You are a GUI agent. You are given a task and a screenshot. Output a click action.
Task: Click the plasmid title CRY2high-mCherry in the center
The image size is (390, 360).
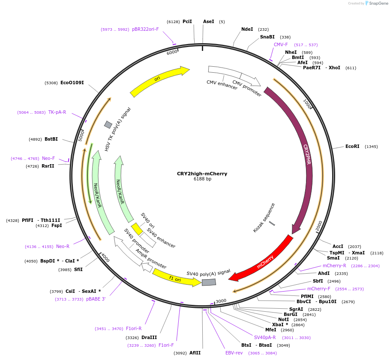202,174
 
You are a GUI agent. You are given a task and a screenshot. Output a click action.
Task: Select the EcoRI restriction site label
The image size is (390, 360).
352,146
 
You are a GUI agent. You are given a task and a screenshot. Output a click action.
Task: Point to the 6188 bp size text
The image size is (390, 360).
202,179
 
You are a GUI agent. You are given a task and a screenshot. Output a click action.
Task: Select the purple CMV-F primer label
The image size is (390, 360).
281,44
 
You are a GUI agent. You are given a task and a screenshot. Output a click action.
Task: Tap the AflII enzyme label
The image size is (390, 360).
195,353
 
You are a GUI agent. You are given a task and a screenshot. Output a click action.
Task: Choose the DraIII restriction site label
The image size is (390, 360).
149,337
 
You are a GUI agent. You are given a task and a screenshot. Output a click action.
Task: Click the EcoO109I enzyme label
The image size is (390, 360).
72,83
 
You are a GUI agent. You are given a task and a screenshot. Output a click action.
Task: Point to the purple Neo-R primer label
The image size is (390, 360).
63,246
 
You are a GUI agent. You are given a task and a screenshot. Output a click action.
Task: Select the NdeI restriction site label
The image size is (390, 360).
247,29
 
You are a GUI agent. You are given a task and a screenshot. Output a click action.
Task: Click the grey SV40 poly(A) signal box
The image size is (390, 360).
209,282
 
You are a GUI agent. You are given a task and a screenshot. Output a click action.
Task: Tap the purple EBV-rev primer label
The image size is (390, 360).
234,353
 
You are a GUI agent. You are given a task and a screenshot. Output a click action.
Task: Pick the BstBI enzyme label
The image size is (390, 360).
51,139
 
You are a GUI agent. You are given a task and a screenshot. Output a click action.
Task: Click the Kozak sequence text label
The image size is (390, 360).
264,218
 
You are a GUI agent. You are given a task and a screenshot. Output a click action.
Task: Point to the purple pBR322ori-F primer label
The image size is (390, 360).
145,29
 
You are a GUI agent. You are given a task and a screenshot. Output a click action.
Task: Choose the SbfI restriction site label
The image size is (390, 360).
318,281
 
